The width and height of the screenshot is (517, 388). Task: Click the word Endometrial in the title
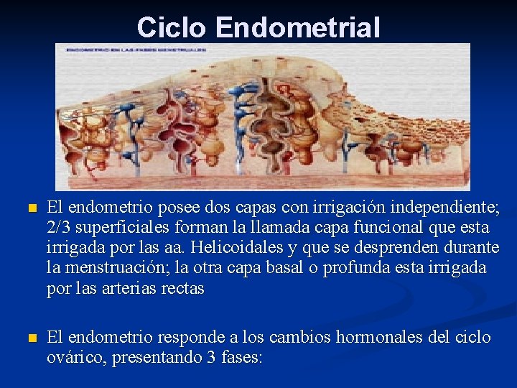[x=297, y=27]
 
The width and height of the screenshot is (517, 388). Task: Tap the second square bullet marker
[x=29, y=338]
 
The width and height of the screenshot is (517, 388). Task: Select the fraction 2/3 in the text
[x=60, y=228]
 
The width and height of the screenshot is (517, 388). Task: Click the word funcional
[x=371, y=228]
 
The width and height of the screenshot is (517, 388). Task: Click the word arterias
[x=137, y=288]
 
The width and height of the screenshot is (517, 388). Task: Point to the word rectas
[x=185, y=288]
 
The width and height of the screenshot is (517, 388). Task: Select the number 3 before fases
[x=210, y=357]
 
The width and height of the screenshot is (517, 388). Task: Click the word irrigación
[x=342, y=208]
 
